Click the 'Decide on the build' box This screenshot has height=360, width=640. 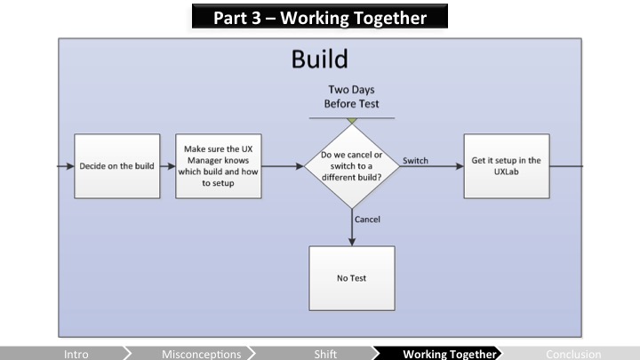[x=116, y=166]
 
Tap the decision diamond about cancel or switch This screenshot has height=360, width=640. [x=352, y=165]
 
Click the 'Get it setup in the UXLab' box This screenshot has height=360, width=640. [x=506, y=166]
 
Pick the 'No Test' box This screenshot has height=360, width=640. [x=351, y=278]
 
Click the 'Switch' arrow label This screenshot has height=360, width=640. [x=415, y=160]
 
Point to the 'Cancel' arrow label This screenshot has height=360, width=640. [x=367, y=219]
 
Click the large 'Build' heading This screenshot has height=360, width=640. [x=319, y=60]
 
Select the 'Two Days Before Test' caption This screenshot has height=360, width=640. [x=353, y=97]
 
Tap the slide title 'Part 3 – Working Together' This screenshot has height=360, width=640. [x=320, y=17]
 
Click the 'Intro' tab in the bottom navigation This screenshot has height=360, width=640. [x=76, y=354]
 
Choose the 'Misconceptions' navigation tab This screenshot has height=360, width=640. [x=202, y=354]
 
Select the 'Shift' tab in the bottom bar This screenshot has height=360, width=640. [x=325, y=354]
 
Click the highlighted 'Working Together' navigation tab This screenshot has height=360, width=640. [x=449, y=354]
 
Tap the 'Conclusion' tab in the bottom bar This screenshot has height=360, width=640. [x=573, y=354]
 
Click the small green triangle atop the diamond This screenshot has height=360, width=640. [x=352, y=120]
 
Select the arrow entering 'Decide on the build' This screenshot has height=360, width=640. [x=65, y=166]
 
